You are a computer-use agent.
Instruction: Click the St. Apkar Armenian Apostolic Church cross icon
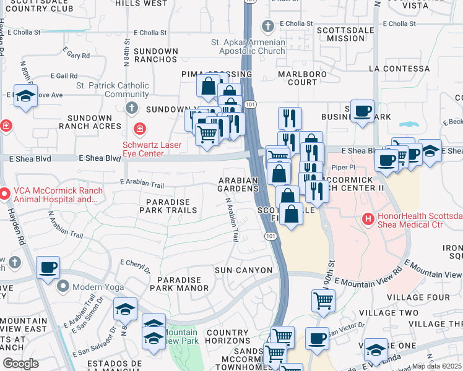pyautogui.click(x=267, y=26)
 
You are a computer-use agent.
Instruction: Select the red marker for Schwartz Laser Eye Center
pyautogui.click(x=140, y=129)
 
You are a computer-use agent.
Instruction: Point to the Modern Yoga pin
pyautogui.click(x=63, y=286)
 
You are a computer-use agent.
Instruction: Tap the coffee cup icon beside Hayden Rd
pyautogui.click(x=48, y=268)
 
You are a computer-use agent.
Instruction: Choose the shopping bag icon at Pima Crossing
pyautogui.click(x=209, y=85)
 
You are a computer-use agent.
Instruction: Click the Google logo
pyautogui.click(x=20, y=363)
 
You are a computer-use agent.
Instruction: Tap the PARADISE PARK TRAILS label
pyautogui.click(x=171, y=206)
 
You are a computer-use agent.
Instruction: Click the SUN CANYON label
pyautogui.click(x=243, y=270)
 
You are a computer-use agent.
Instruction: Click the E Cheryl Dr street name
pyautogui.click(x=136, y=266)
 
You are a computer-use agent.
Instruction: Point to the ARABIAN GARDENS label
pyautogui.click(x=238, y=184)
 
